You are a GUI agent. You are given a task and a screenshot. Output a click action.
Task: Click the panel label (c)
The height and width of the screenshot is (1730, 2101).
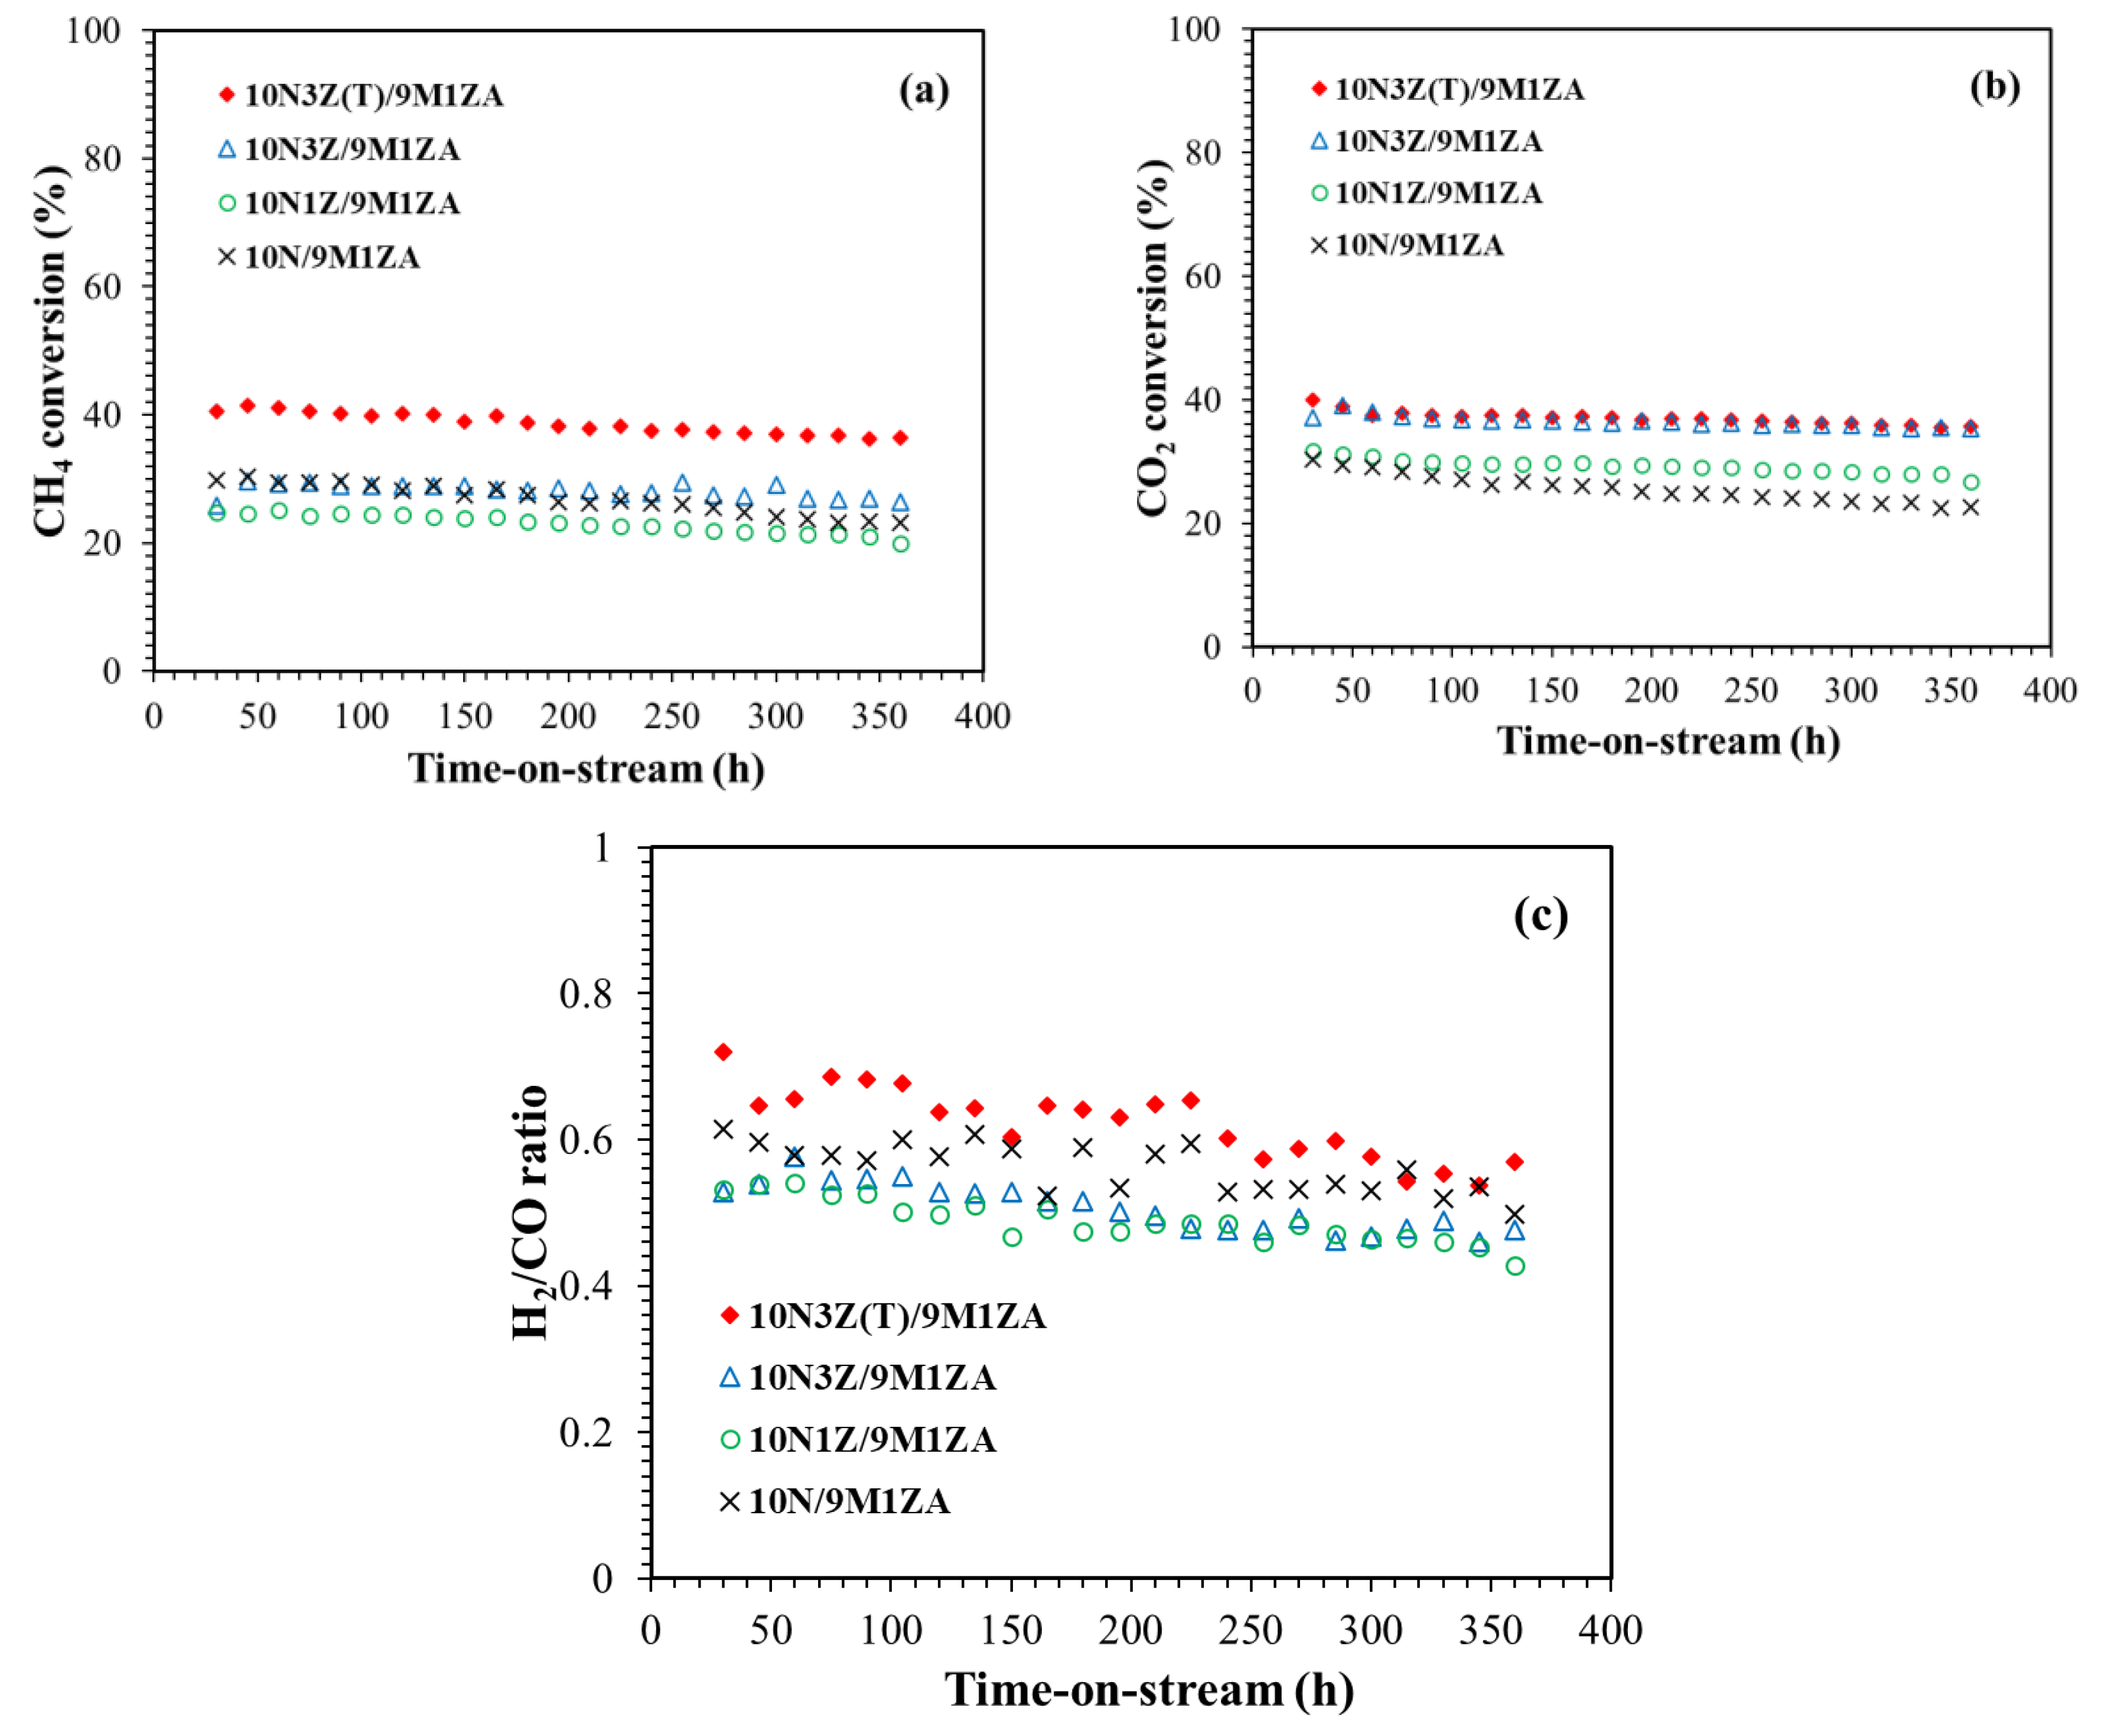coord(1540,914)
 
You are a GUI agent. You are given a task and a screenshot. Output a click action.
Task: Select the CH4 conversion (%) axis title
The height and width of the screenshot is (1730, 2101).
coord(50,351)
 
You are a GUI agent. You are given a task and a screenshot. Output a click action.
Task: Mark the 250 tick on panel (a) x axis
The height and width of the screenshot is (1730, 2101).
coord(672,716)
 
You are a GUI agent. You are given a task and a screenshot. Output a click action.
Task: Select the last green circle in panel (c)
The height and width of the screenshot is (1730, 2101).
coord(1514,1266)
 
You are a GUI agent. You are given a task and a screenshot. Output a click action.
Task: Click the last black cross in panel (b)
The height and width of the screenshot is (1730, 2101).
coord(1969,507)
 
